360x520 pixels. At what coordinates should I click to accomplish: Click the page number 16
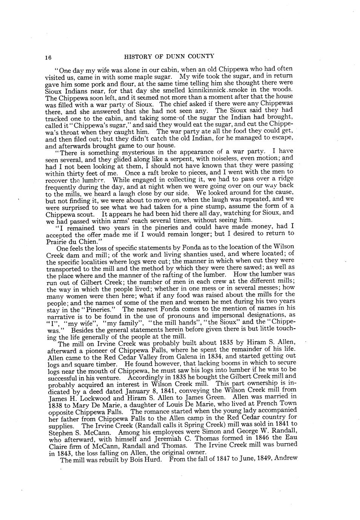[x=48, y=57]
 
